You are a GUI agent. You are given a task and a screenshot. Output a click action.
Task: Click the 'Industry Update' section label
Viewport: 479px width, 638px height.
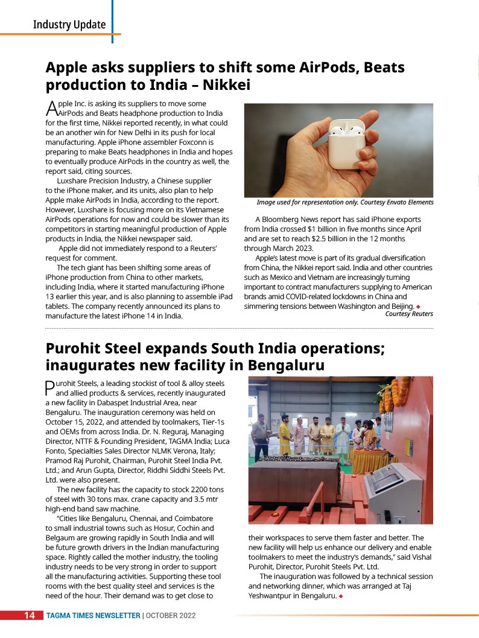[x=69, y=25]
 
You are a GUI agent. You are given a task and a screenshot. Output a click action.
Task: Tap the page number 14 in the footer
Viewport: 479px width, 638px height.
[x=30, y=615]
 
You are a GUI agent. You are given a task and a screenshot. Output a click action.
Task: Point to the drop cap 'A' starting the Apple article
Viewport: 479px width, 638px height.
[x=51, y=109]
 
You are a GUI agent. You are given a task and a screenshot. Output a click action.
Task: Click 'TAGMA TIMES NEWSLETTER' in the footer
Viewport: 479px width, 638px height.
[x=94, y=616]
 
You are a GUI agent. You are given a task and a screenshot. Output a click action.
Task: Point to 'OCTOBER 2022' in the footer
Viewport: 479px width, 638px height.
[x=170, y=616]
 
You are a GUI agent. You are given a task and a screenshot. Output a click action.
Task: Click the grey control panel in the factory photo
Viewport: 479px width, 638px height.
[x=392, y=490]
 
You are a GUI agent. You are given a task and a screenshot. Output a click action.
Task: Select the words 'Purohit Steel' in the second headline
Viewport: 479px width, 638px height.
[x=96, y=348]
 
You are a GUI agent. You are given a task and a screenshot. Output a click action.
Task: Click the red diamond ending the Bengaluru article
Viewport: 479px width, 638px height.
[x=341, y=596]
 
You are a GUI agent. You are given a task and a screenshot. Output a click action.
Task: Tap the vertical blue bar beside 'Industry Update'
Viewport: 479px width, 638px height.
[x=112, y=21]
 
